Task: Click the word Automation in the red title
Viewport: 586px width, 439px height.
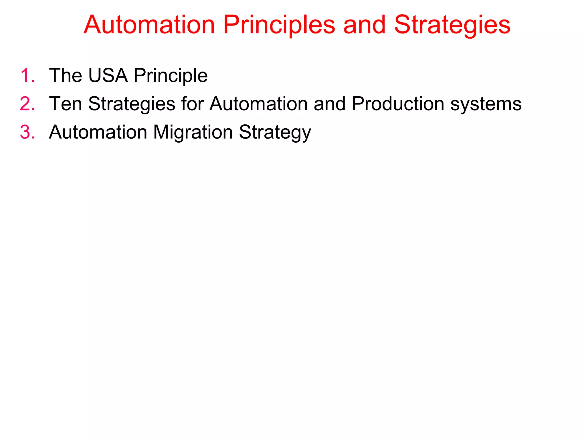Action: [x=149, y=25]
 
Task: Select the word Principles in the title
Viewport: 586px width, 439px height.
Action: [x=279, y=25]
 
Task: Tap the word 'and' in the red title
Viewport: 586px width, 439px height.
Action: [x=364, y=25]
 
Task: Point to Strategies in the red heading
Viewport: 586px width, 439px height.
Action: [x=452, y=25]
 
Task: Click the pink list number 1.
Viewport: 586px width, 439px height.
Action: [x=27, y=76]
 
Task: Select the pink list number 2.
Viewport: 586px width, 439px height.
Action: [x=27, y=104]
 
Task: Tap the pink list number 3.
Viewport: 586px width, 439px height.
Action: [x=27, y=132]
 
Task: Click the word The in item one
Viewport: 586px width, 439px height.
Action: [x=66, y=75]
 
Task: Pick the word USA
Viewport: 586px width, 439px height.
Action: [x=108, y=75]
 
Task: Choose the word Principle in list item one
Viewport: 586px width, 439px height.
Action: [x=171, y=76]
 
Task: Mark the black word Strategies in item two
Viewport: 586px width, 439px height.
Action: [x=132, y=104]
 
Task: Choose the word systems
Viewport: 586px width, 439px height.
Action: [x=486, y=104]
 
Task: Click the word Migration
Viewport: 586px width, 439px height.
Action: [x=193, y=133]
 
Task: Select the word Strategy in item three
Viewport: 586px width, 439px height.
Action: [x=275, y=133]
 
